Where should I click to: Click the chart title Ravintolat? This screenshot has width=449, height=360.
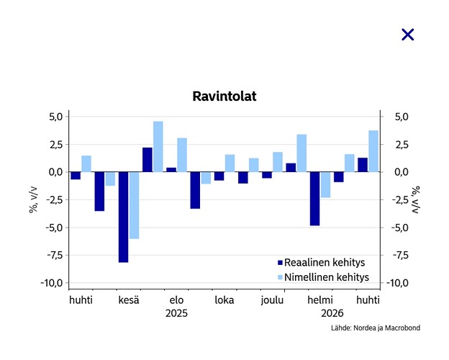click(224, 96)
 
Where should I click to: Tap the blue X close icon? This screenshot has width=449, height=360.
click(407, 35)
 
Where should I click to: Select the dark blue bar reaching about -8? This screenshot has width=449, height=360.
click(124, 217)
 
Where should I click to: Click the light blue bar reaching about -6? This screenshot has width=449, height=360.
click(135, 205)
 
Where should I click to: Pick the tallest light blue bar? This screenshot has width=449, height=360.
click(158, 147)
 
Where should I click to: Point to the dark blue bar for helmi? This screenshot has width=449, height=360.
click(314, 199)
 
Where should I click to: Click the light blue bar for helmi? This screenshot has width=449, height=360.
click(325, 184)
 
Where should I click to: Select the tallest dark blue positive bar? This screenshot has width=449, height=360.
click(148, 160)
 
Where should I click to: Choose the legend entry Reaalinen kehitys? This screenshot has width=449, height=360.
click(322, 262)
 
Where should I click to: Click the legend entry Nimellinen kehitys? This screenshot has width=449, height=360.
click(323, 277)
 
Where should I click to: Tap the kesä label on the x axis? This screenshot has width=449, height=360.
click(129, 300)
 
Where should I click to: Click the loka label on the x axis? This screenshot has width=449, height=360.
click(224, 300)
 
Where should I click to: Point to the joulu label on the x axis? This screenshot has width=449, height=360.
click(272, 300)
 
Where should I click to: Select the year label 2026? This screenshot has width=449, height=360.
click(332, 313)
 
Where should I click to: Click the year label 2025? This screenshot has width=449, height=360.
click(176, 313)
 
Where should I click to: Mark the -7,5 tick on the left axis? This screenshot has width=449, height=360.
click(55, 255)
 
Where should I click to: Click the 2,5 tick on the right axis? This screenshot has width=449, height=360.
click(402, 145)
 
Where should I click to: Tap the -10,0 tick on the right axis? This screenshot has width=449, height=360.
click(397, 283)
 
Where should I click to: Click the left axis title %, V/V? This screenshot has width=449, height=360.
click(33, 199)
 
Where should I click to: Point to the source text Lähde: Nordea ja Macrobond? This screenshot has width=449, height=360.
click(376, 328)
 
